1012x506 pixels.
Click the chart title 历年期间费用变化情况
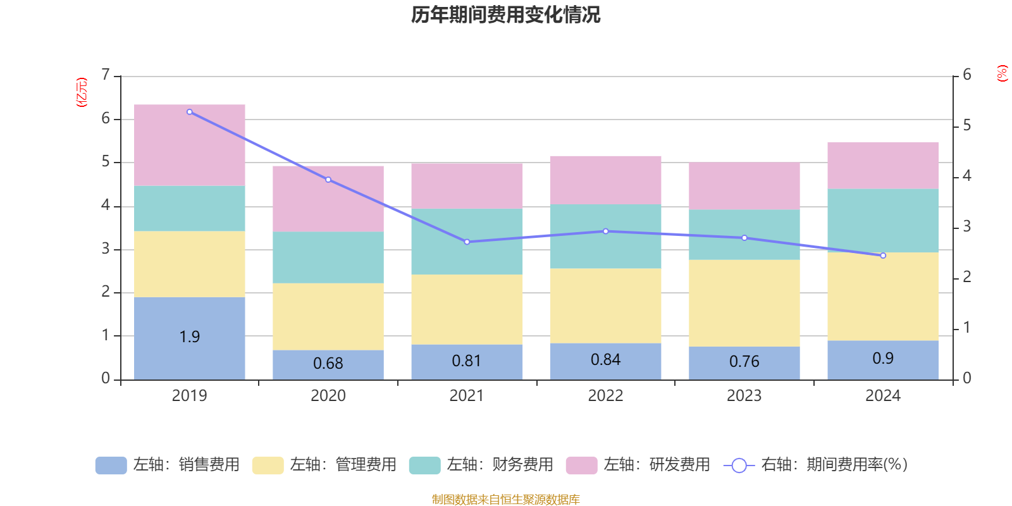(505, 15)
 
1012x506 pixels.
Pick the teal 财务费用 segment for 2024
(883, 220)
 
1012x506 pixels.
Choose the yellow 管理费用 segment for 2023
(744, 303)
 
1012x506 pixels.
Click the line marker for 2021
(467, 242)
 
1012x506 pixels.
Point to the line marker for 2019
(190, 112)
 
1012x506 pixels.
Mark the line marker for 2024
(883, 256)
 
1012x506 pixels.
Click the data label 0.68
(328, 364)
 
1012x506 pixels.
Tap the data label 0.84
(605, 360)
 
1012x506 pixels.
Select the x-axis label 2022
(605, 396)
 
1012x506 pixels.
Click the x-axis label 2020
(328, 396)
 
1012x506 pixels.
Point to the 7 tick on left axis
(106, 75)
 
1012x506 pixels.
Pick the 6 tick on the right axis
(966, 75)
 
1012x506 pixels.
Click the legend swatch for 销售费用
(111, 465)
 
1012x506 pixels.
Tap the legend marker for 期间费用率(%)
(739, 466)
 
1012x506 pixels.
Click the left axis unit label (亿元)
(82, 92)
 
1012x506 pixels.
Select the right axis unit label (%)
(1002, 73)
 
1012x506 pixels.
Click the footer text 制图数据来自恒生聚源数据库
(505, 500)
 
